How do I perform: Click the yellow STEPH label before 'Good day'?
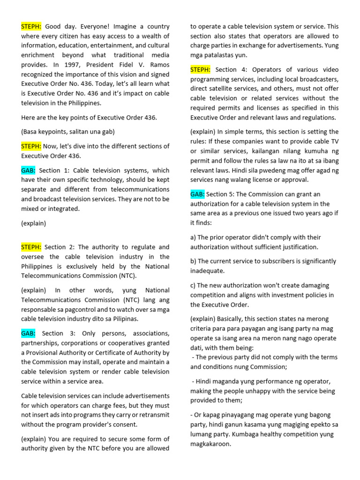click(x=31, y=27)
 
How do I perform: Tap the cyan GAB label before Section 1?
click(x=28, y=170)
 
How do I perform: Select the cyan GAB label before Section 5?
click(x=197, y=194)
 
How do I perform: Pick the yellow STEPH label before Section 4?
click(x=201, y=69)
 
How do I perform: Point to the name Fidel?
click(x=130, y=65)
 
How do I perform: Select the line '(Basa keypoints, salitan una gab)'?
click(x=68, y=132)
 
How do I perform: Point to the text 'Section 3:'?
click(x=59, y=333)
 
